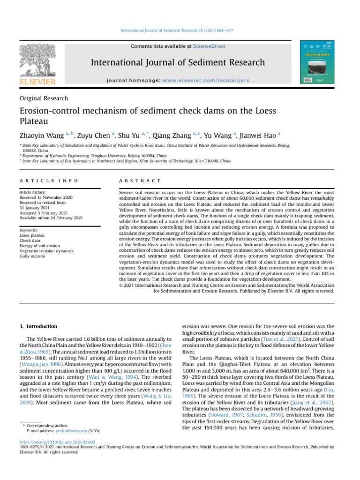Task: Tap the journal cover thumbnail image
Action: point(317,61)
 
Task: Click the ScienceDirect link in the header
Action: point(210,46)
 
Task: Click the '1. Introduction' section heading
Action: point(39,326)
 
